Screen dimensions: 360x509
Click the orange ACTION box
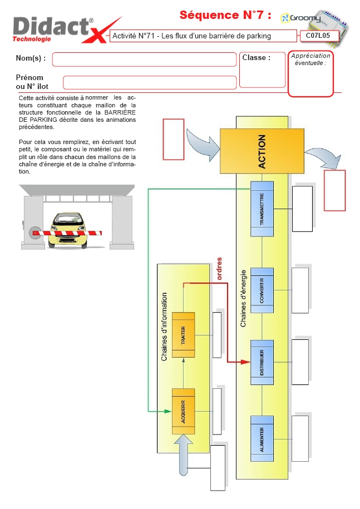[x=262, y=151]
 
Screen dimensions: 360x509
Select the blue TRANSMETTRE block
[x=262, y=209]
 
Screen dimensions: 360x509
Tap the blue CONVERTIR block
[x=262, y=290]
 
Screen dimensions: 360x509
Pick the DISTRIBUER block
[x=262, y=362]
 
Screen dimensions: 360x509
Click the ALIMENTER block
[x=262, y=438]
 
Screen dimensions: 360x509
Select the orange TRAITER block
[x=183, y=335]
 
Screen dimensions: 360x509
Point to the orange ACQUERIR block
[x=183, y=411]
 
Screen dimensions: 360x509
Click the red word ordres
[x=219, y=269]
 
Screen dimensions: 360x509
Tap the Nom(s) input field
[x=144, y=60]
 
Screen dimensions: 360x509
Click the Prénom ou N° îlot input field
[x=150, y=82]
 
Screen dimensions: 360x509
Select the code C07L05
[x=318, y=36]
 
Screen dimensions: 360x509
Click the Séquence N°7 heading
[x=225, y=15]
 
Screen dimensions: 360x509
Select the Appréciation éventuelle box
[x=310, y=73]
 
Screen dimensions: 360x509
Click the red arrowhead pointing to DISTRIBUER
[x=245, y=362]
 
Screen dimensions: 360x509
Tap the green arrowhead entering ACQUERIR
[x=167, y=411]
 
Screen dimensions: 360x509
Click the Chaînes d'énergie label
[x=243, y=298]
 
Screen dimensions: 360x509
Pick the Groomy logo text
[x=301, y=18]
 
